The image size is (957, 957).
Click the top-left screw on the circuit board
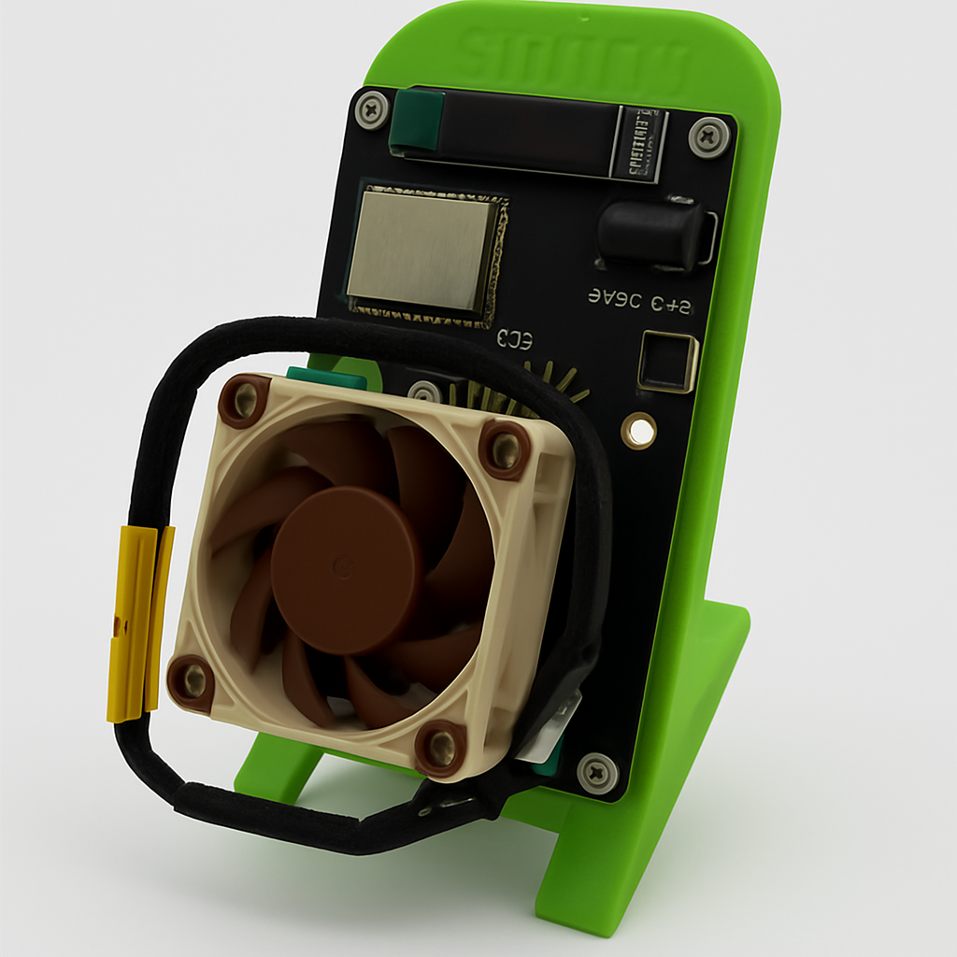click(373, 108)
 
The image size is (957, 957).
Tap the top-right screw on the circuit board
click(707, 136)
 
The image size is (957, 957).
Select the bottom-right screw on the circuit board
click(597, 772)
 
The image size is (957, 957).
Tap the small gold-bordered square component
click(668, 362)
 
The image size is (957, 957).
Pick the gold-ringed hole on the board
click(640, 430)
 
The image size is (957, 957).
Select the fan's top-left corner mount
click(244, 401)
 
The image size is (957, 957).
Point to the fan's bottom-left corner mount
click(192, 682)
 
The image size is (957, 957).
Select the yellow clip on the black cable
click(139, 621)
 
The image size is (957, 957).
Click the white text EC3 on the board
click(515, 338)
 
